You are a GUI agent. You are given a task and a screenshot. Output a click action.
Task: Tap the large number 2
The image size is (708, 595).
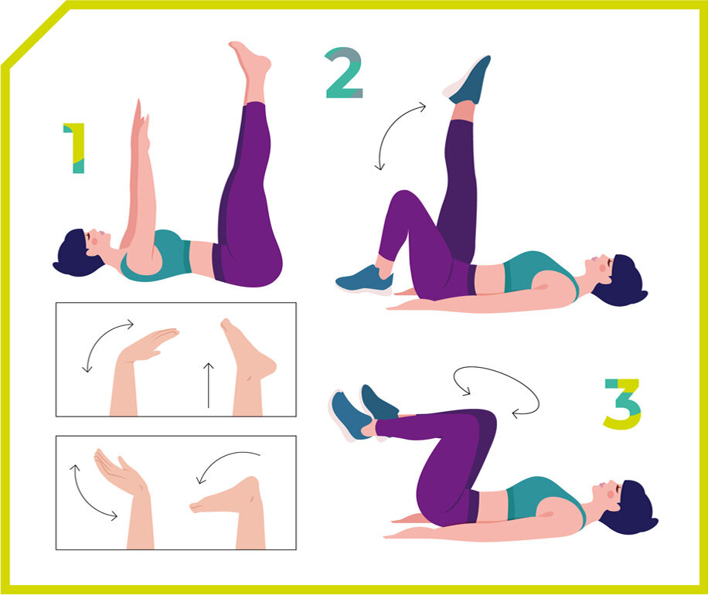(x=344, y=73)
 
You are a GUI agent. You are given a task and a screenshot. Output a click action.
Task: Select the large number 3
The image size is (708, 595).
(x=623, y=403)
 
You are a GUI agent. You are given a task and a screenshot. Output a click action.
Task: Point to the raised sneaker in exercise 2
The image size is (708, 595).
(x=468, y=80)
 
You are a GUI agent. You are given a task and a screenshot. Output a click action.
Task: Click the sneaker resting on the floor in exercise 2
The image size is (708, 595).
(x=364, y=280)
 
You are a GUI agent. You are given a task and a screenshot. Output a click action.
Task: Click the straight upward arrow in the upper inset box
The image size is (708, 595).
(x=208, y=385)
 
